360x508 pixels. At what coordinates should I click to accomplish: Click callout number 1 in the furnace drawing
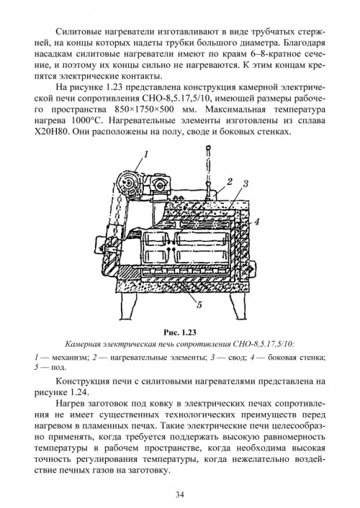click(x=145, y=155)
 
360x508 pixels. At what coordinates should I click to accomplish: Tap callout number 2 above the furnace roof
click(x=230, y=181)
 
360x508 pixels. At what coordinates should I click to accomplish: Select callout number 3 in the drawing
click(x=246, y=183)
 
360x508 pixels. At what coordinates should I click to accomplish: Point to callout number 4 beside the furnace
click(x=256, y=222)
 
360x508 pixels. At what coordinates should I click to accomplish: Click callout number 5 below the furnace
click(x=199, y=305)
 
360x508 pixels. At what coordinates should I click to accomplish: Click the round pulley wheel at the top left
click(x=127, y=183)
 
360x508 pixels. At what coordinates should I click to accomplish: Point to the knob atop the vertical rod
click(x=208, y=149)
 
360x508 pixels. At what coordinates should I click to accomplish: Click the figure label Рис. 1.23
click(x=180, y=332)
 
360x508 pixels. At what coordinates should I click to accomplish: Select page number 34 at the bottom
click(x=180, y=494)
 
